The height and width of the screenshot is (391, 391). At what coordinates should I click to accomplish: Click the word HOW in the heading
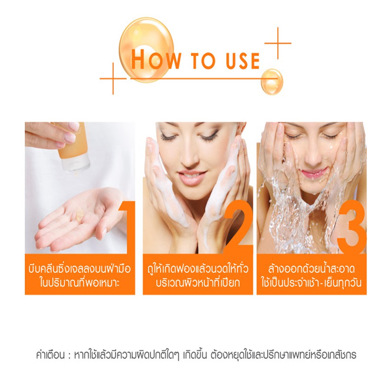(x=156, y=59)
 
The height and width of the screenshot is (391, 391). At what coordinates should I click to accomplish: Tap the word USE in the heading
(x=243, y=60)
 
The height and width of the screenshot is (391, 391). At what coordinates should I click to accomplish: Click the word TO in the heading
(x=203, y=60)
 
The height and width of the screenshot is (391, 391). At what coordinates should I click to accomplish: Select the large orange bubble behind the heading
(x=146, y=50)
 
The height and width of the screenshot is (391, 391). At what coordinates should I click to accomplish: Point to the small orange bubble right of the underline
(x=272, y=82)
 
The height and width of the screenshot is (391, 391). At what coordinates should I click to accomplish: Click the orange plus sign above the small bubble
(x=278, y=43)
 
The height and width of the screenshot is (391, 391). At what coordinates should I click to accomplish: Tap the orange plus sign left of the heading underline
(x=113, y=79)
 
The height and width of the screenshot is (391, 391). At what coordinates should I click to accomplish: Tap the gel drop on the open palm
(x=80, y=215)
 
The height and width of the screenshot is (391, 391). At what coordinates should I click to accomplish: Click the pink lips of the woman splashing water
(x=312, y=173)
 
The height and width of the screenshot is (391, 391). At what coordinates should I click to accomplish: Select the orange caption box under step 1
(x=80, y=274)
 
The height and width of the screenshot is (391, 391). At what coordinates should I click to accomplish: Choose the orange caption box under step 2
(x=198, y=274)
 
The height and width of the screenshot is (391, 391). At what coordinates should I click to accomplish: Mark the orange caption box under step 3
(x=311, y=274)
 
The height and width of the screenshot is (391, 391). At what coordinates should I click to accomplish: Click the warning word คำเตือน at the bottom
(x=50, y=355)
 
